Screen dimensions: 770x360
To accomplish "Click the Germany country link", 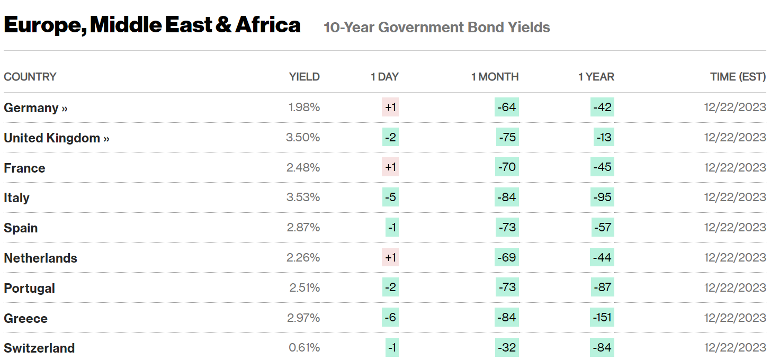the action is point(36,108).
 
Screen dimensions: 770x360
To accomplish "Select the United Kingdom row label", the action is point(56,138).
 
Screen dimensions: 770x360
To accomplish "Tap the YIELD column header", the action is point(304,77).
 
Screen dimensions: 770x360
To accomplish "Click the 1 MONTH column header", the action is point(495,77).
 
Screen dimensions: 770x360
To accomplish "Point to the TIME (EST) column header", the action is point(738,77).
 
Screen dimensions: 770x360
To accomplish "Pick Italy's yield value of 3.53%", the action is point(303,197).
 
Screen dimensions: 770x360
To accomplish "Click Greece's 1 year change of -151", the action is point(602,317).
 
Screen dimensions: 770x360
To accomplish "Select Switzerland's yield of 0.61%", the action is point(304,348).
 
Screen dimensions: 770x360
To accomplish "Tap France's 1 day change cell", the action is point(390,167).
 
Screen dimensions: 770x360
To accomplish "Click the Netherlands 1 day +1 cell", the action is point(390,257).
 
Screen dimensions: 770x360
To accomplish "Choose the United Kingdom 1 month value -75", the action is point(507,137).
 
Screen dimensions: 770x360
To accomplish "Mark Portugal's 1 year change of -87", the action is point(603,287).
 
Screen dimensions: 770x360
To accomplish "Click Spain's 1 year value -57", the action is point(603,227).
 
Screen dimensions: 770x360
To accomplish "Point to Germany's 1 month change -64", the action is point(507,107).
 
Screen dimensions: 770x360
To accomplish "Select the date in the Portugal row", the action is point(735,287).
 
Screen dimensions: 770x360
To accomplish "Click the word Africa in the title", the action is point(268,25).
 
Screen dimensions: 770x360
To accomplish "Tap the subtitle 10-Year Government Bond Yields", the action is point(436,28).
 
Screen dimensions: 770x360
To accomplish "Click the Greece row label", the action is point(25,318).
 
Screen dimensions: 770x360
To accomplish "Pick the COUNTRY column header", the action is point(30,77).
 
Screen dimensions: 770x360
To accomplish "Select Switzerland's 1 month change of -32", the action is point(507,347).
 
